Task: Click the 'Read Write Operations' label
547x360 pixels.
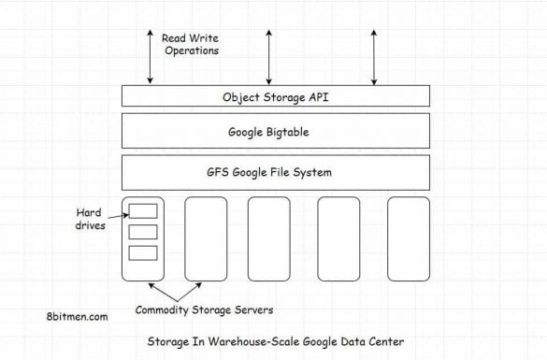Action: [x=191, y=44]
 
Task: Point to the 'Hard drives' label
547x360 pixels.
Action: [x=89, y=219]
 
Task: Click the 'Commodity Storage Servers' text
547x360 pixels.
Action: [x=205, y=310]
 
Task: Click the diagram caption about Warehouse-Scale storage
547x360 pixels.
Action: [x=276, y=341]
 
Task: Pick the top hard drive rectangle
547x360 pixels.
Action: [x=143, y=209]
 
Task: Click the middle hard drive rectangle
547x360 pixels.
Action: [x=143, y=231]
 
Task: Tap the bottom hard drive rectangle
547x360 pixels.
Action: [x=143, y=252]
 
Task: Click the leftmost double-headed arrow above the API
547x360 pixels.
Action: [x=149, y=56]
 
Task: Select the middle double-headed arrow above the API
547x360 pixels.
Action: [x=269, y=56]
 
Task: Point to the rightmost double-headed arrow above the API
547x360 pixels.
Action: [x=374, y=56]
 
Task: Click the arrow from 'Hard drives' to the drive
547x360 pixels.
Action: [x=118, y=213]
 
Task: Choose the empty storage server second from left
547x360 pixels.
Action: [x=206, y=238]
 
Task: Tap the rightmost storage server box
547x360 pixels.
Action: [x=408, y=238]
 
